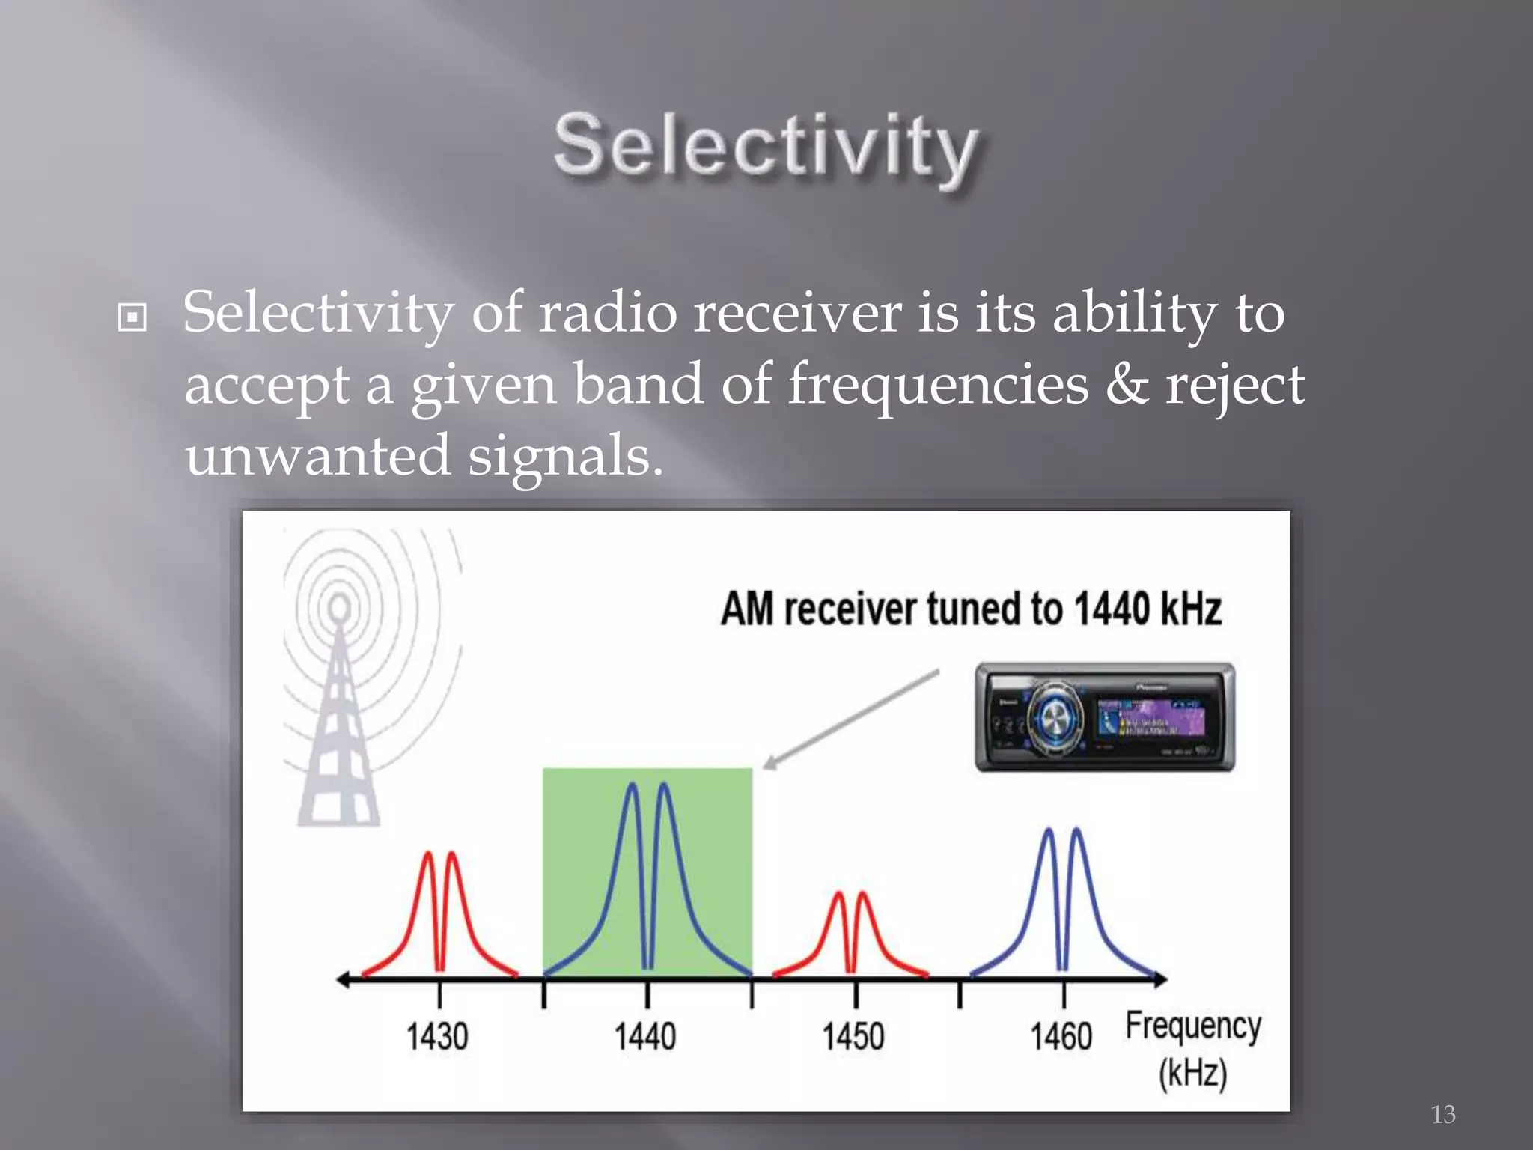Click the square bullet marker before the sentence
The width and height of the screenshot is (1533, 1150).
[x=132, y=317]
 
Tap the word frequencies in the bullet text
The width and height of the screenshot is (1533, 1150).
[x=938, y=385]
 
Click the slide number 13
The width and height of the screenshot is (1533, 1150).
[x=1442, y=1114]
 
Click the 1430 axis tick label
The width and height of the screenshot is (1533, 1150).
[x=437, y=1037]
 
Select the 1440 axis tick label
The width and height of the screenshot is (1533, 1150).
[x=645, y=1037]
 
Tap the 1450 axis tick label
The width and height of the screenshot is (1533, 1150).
[x=853, y=1037]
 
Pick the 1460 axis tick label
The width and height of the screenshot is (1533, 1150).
[x=1061, y=1037]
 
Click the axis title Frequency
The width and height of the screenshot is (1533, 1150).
[x=1193, y=1026]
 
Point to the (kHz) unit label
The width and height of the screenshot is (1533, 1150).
[x=1193, y=1073]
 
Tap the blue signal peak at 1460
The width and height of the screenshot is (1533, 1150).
[x=1063, y=898]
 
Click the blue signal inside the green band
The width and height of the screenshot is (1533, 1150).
[x=648, y=861]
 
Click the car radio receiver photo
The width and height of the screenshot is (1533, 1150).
[x=1105, y=717]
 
